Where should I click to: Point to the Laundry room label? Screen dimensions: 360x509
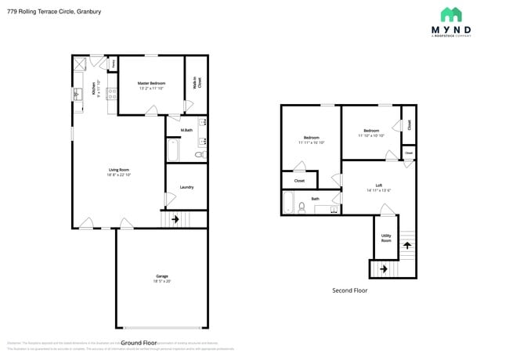tap(186, 187)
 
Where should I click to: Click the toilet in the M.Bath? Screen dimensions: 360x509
tap(199, 155)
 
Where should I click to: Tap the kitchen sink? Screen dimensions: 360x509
tap(78, 95)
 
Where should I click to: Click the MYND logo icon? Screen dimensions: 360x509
tap(451, 14)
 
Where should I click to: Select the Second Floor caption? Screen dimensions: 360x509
tap(349, 290)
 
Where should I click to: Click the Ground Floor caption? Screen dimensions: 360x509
tap(140, 343)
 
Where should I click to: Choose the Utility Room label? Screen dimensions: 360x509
tap(386, 239)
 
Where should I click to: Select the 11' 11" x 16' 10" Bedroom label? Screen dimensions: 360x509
tap(311, 139)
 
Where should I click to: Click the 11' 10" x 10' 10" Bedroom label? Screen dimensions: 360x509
tap(370, 132)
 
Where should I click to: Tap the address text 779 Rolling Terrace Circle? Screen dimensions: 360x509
tap(54, 12)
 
